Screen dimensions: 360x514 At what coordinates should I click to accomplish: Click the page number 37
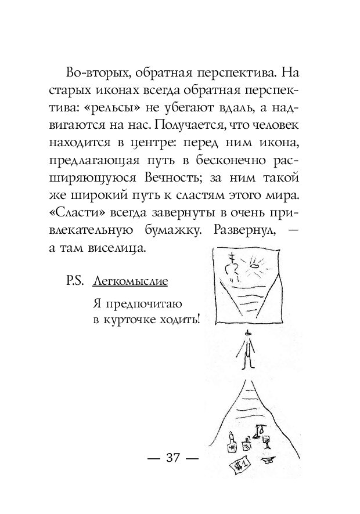click(173, 457)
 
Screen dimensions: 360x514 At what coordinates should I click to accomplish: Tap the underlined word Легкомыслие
click(130, 281)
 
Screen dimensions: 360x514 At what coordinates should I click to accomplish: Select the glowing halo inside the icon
click(254, 266)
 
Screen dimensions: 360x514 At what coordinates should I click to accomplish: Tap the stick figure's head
click(249, 334)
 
